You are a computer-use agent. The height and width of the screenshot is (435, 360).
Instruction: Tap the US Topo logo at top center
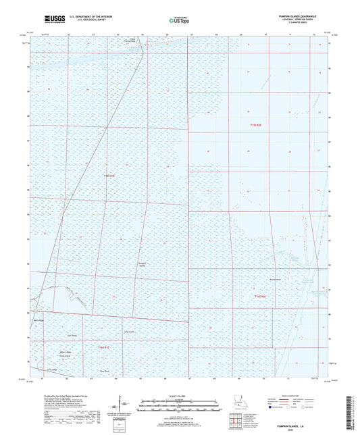coord(177,22)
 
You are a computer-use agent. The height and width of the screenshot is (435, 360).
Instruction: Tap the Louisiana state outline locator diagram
coord(238,405)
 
